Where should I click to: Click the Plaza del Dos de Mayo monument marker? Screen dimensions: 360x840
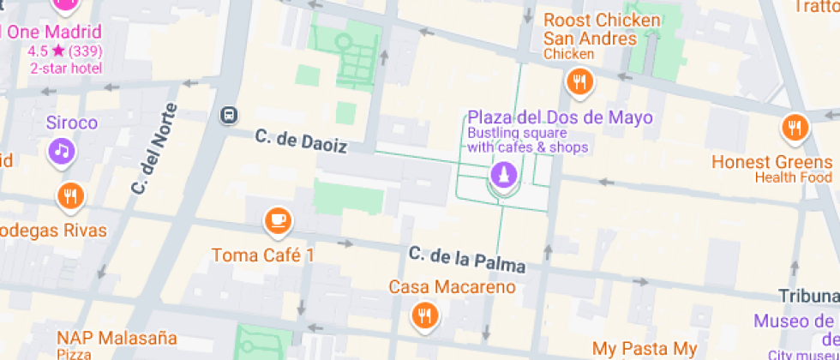(x=501, y=175)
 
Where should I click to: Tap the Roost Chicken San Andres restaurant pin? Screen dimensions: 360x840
(x=580, y=82)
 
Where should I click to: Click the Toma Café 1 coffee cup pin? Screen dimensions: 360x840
(x=277, y=220)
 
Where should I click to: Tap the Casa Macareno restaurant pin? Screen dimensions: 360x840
(x=423, y=315)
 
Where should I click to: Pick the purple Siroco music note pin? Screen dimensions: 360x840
(x=60, y=152)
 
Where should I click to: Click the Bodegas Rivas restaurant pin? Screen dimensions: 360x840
(x=70, y=196)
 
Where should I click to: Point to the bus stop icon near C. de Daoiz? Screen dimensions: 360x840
(x=228, y=114)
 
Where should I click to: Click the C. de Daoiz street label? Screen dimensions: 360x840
(x=301, y=141)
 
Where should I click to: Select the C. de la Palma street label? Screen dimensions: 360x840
(x=466, y=259)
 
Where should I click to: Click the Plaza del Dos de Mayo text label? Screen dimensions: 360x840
(x=559, y=118)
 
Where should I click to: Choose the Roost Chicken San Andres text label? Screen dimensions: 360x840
(x=602, y=29)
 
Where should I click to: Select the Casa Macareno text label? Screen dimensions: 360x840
(x=453, y=286)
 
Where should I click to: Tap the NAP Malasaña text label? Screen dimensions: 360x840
(x=117, y=338)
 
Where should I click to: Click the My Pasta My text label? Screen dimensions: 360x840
(x=645, y=348)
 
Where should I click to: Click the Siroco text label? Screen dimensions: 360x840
(x=72, y=123)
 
